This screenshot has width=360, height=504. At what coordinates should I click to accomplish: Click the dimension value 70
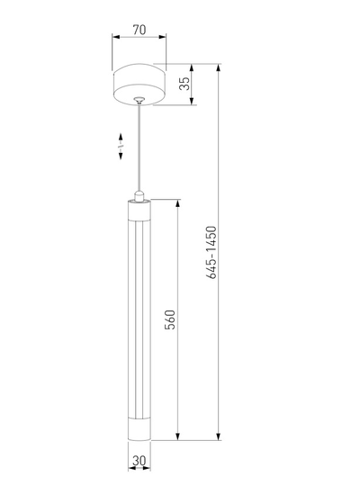[139, 30]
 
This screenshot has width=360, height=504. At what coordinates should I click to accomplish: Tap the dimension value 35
[184, 84]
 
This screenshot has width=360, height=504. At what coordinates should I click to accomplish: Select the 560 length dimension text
[170, 319]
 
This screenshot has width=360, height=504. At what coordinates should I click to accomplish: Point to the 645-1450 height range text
[211, 252]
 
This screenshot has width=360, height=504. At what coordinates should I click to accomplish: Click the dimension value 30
[139, 461]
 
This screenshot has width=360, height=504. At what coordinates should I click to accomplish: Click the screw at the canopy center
[139, 99]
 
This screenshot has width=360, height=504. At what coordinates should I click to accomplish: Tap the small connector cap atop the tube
[139, 196]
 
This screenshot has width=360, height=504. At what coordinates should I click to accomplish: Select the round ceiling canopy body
[139, 85]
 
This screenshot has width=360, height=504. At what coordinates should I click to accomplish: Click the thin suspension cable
[139, 148]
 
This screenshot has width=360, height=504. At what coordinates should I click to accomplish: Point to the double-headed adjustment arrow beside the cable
[121, 146]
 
